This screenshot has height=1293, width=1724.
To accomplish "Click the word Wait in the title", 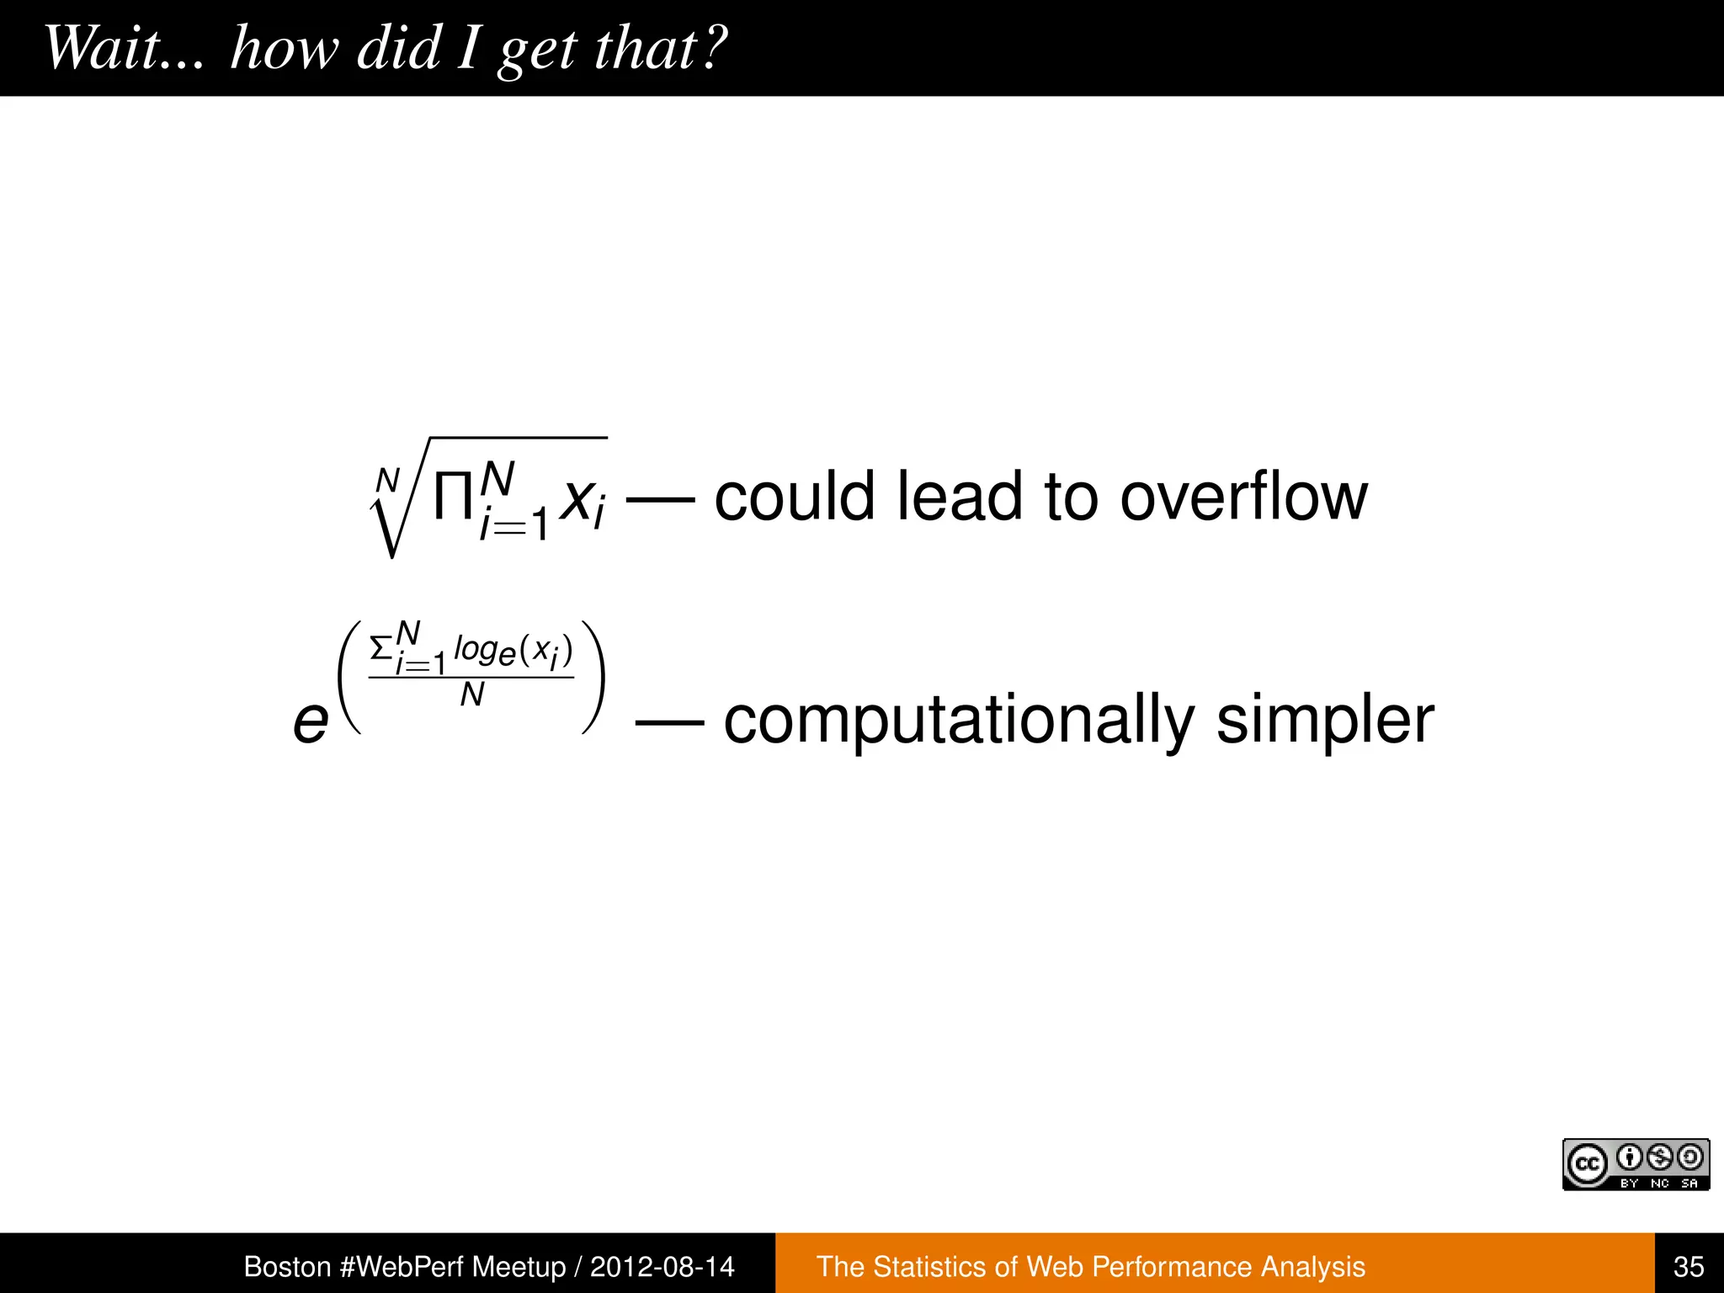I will [101, 48].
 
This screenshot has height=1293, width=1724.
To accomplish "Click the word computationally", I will [959, 721].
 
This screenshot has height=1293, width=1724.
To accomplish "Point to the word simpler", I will [1325, 721].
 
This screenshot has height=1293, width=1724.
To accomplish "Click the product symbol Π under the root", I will [452, 498].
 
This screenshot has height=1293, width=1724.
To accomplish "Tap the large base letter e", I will [311, 722].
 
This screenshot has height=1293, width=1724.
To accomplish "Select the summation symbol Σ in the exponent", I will [381, 648].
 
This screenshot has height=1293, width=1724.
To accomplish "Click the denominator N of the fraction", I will [472, 695].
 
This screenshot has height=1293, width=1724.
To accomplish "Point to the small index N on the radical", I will [387, 481].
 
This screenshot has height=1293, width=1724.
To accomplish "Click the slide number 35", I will [1689, 1266].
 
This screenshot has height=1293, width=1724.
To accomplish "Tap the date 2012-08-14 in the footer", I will [662, 1266].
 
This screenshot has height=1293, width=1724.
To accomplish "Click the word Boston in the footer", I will [287, 1266].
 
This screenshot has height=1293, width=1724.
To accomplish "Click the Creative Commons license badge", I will [1636, 1164].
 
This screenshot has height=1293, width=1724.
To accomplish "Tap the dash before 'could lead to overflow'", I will [661, 498].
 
